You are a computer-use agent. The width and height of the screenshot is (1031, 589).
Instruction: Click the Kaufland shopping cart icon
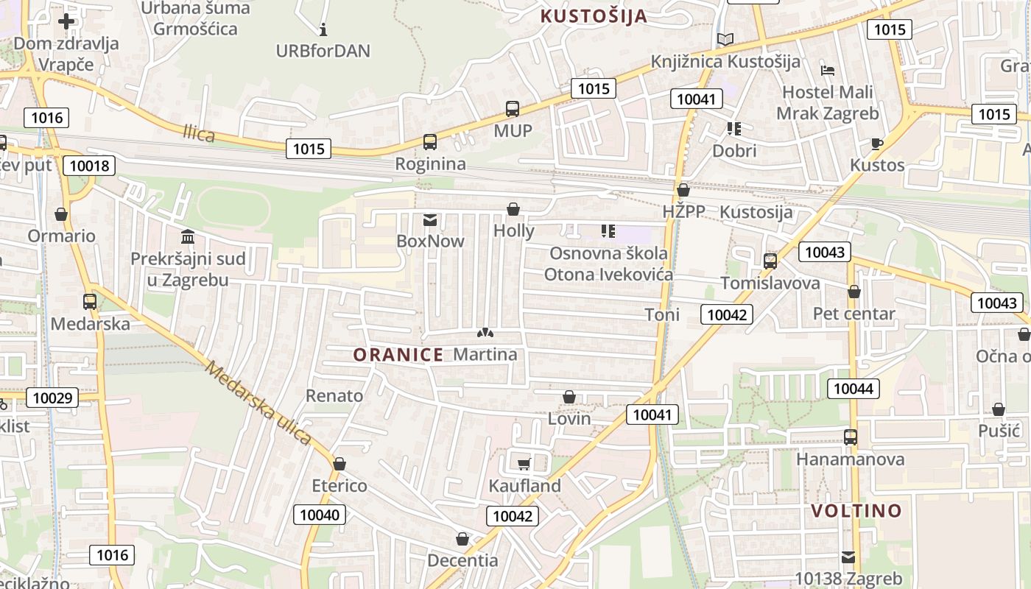coord(524,464)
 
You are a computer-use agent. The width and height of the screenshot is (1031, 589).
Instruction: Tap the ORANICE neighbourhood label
coord(398,355)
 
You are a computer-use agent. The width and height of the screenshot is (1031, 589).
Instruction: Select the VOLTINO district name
coord(856,511)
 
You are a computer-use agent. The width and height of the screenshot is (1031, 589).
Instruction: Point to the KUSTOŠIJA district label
coord(594,16)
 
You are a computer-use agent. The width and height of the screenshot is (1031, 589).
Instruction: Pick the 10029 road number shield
coord(52,398)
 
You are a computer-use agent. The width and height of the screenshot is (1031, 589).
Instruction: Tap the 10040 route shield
coord(320,515)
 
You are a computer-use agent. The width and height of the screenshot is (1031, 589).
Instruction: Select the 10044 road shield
coord(854,388)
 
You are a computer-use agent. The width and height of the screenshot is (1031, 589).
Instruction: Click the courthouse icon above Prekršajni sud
coord(188,237)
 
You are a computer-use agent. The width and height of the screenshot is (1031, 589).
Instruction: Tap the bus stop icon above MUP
coord(513,109)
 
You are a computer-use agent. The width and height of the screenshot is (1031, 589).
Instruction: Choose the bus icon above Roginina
coord(430,142)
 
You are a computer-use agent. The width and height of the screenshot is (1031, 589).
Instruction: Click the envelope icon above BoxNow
coord(430,220)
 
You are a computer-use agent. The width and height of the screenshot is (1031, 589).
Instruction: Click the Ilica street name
coord(199,134)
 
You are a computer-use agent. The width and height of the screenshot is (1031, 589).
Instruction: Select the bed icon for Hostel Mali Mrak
coord(828,71)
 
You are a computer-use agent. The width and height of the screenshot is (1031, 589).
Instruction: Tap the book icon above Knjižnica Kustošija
coord(725,40)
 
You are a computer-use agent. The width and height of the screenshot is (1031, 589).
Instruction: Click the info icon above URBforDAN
coord(323,30)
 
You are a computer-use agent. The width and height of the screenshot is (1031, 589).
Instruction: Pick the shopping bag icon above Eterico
coord(339,464)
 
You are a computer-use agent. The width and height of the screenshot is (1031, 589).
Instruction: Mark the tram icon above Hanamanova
coord(851,437)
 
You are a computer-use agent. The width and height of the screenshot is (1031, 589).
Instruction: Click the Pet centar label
coord(854,314)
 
